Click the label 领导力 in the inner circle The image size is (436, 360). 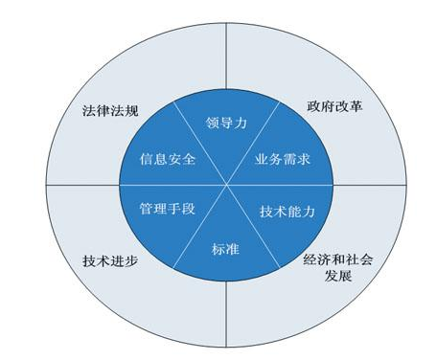[x=227, y=123]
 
